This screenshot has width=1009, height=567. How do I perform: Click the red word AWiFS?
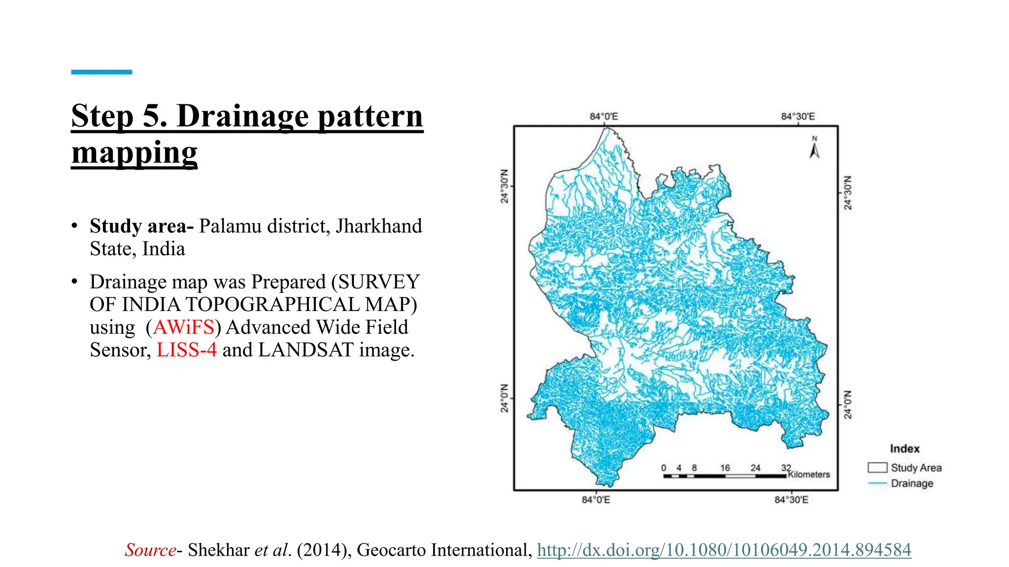tap(183, 327)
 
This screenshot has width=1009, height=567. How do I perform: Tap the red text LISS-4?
tap(186, 350)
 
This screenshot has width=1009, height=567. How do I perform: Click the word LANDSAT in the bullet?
tap(305, 350)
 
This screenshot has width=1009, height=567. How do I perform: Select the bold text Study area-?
tap(141, 226)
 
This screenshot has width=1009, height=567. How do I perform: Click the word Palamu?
tap(230, 226)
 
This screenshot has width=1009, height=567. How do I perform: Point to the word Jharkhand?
tap(378, 226)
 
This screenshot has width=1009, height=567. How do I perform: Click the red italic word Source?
tap(150, 550)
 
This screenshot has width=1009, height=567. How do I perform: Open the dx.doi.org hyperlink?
tap(724, 550)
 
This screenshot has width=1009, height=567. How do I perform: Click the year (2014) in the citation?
tap(324, 550)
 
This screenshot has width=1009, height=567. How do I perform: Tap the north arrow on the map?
tap(814, 148)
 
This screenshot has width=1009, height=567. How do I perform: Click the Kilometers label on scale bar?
tap(809, 474)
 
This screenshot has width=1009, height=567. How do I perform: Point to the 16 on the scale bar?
tap(725, 468)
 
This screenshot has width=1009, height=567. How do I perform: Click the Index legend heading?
tap(905, 449)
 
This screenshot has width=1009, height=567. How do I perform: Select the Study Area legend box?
tap(877, 468)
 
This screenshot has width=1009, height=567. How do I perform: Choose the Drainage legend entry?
tap(911, 483)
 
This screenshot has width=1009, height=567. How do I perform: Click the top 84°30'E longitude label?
tap(798, 117)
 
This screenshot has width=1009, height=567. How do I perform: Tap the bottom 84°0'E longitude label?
tap(596, 500)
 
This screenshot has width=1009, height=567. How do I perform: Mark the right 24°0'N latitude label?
tap(848, 405)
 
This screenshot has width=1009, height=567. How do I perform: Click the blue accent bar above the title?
tap(101, 72)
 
